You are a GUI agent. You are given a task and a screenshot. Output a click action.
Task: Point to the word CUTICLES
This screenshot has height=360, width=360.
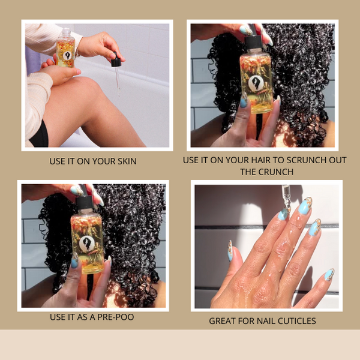[x=296, y=321]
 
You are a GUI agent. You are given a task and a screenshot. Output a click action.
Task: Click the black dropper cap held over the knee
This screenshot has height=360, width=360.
[x=116, y=59]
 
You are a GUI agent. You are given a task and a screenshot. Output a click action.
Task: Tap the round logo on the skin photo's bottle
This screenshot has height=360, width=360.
[x=67, y=56]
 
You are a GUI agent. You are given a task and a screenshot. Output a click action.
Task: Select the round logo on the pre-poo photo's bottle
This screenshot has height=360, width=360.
[x=87, y=243]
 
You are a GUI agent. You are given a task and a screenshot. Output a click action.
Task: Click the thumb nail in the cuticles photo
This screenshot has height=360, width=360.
[x=230, y=251]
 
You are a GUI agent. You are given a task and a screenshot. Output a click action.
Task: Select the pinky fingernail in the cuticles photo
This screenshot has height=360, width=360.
[x=329, y=275]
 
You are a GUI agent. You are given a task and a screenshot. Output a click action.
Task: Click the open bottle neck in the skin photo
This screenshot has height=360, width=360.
[x=67, y=32]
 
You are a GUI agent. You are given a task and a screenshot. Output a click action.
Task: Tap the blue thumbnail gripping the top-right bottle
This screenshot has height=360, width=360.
[x=244, y=101]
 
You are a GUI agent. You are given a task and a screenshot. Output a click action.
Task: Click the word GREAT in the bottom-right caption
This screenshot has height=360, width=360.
[x=223, y=321]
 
